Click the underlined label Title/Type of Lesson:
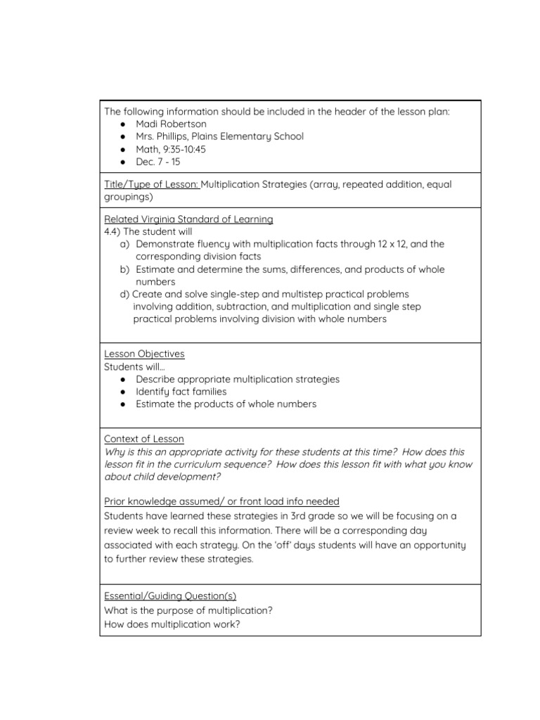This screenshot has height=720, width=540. click(152, 185)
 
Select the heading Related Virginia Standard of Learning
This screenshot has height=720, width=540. click(188, 219)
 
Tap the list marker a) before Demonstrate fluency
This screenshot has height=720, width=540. click(125, 245)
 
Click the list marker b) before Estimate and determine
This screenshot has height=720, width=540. click(125, 270)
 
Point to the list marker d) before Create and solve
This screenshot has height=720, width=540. click(125, 295)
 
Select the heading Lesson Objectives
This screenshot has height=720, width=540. click(144, 354)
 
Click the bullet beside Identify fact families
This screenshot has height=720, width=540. click(124, 392)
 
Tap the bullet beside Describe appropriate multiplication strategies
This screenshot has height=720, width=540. click(124, 380)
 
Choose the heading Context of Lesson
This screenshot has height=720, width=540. click(144, 439)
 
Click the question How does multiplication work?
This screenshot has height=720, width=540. click(172, 624)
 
